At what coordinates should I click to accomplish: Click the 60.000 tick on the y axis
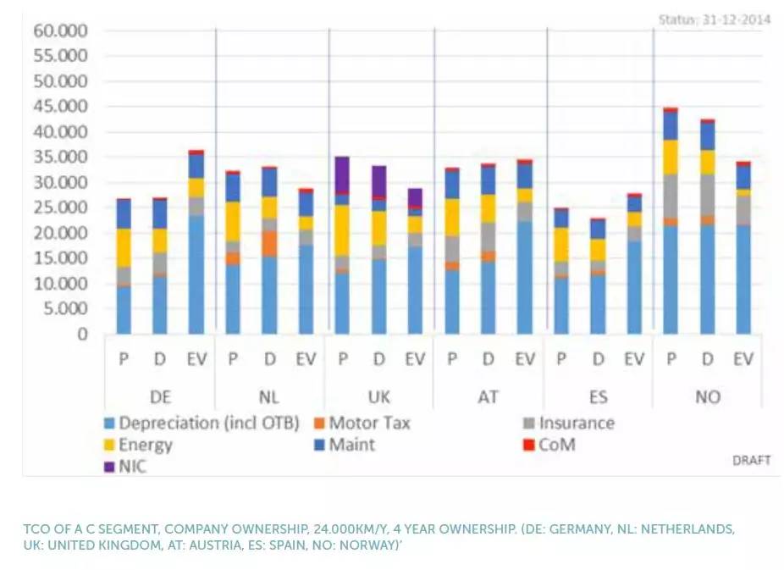coord(62,31)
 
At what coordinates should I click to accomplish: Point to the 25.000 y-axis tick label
coord(62,208)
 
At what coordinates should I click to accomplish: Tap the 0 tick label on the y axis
coord(82,334)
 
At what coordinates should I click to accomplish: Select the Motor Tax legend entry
coord(368,423)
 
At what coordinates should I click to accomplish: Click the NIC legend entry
coord(131,466)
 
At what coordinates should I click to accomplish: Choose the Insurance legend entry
coord(576,423)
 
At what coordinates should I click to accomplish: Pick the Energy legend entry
coord(145,445)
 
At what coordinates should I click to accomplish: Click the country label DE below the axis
coord(160,396)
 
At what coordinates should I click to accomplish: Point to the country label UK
coord(379,396)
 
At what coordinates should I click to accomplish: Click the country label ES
coord(598,396)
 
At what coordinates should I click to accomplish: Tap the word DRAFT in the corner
coord(751,460)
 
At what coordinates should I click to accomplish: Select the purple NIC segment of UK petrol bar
coord(343,175)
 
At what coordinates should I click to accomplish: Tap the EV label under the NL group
coord(306,360)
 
